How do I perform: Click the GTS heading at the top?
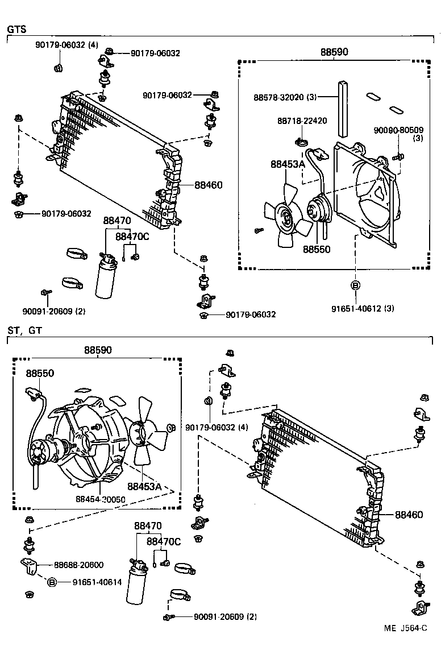point(16,29)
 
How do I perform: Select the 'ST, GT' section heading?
point(24,330)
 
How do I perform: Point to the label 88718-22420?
point(302,121)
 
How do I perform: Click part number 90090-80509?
point(398,130)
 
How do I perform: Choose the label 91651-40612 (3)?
point(363,309)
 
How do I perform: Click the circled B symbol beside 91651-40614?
point(52,582)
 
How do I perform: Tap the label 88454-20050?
point(100,499)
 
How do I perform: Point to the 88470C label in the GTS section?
point(132,236)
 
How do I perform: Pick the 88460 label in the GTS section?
point(208,185)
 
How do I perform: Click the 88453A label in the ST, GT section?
point(144,487)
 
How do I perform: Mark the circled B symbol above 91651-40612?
point(355,285)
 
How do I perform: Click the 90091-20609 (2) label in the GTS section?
point(54,311)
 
